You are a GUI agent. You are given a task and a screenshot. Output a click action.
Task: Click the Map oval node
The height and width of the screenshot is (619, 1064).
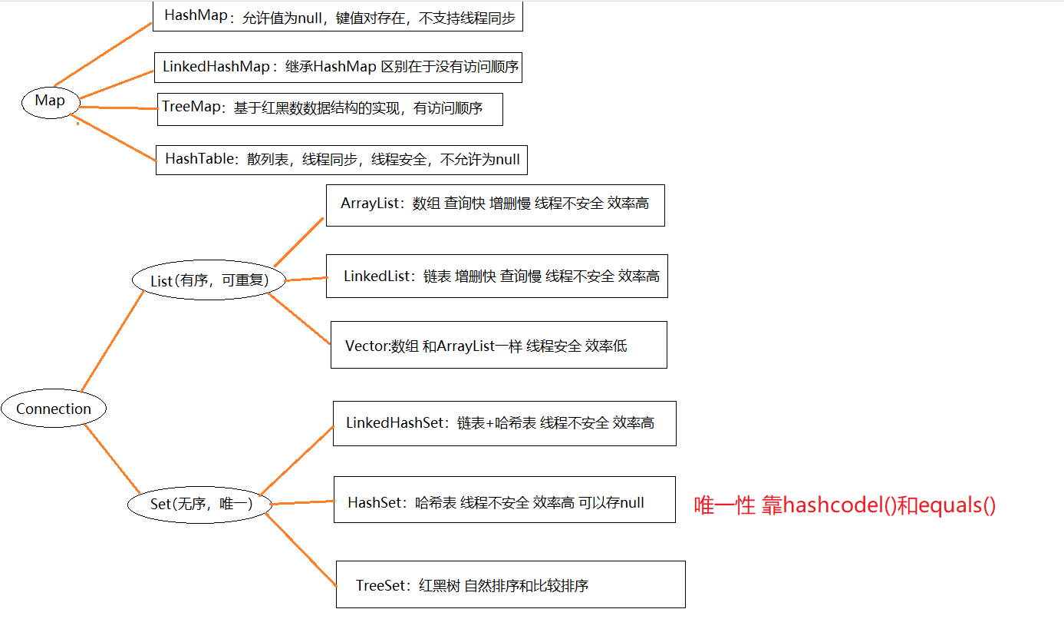[x=50, y=101]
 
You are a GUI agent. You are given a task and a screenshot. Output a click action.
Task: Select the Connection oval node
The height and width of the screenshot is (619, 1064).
[x=54, y=409]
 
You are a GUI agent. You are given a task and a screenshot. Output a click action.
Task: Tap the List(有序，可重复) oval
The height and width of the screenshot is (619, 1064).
[x=209, y=280]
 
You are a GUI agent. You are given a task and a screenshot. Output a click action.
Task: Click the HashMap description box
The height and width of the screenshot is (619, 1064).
[x=338, y=17]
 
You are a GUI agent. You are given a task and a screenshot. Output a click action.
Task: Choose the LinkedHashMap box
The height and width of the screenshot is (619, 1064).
[x=340, y=67]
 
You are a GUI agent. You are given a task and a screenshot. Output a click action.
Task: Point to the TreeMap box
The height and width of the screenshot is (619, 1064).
[x=330, y=108]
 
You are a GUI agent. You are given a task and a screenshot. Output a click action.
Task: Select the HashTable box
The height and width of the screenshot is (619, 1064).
[x=341, y=160]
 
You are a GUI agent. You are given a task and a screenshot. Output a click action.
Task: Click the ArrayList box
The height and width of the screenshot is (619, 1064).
[x=495, y=204]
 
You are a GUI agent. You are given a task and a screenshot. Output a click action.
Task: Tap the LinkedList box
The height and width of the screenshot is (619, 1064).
[x=500, y=276]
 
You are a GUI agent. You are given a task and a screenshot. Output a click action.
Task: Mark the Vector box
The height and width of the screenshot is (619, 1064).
[x=499, y=345]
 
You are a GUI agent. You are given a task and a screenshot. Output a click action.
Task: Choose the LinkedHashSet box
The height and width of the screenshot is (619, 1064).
[x=504, y=422]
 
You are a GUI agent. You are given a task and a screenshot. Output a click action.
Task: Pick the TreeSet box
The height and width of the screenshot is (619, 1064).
[x=510, y=584]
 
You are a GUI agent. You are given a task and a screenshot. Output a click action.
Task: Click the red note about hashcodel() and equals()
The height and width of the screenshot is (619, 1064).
[x=845, y=505]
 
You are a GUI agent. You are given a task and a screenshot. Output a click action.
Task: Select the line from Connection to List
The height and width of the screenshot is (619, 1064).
[x=113, y=341]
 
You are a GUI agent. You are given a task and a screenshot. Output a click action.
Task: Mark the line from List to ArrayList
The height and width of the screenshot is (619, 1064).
[x=299, y=241]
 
